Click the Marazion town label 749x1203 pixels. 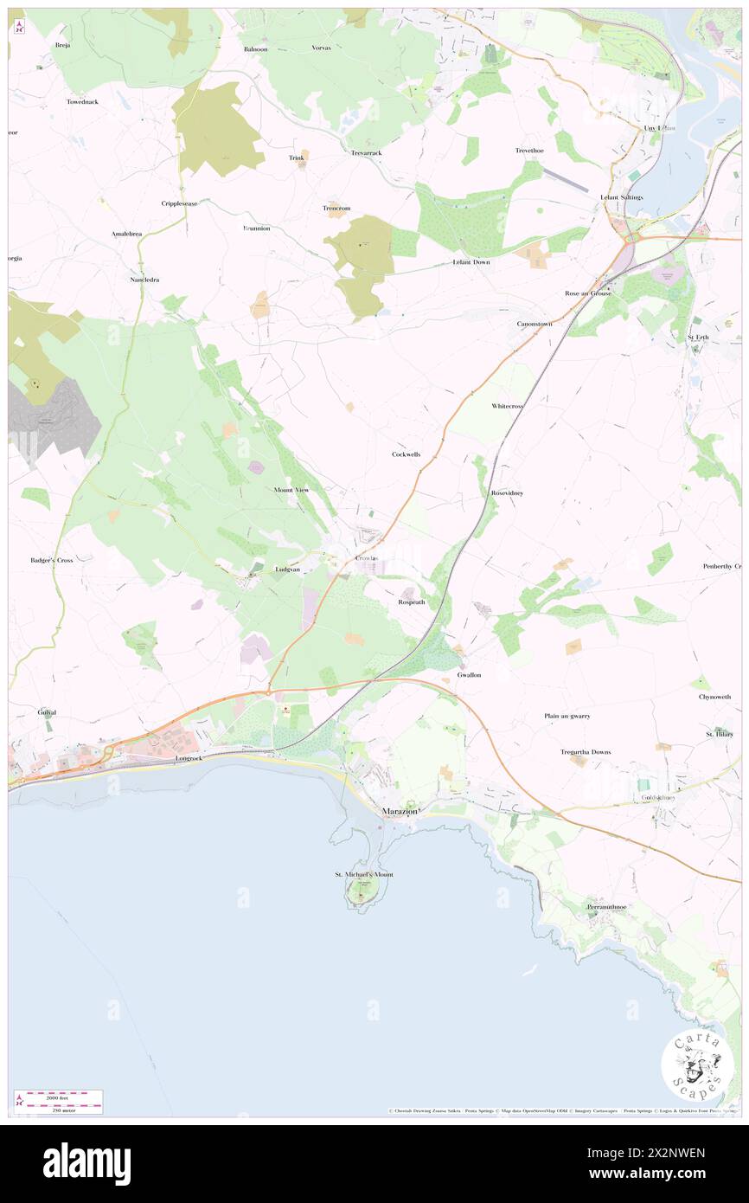(400, 811)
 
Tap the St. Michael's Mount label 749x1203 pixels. (364, 875)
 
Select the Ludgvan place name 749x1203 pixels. (287, 569)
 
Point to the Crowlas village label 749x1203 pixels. (368, 558)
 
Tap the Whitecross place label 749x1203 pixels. (508, 406)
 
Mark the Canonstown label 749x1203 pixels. (534, 324)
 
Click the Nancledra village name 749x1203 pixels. (144, 280)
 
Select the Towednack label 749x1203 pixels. (83, 102)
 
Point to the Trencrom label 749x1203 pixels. (336, 208)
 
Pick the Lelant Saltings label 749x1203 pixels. (622, 197)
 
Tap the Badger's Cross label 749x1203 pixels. (52, 560)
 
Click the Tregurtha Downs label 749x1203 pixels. (586, 752)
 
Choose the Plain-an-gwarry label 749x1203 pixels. (567, 717)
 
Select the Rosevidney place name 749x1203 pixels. (507, 492)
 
